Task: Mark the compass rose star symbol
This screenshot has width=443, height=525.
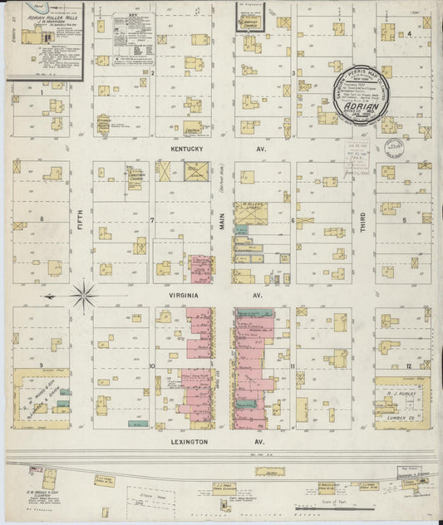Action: (x=84, y=294)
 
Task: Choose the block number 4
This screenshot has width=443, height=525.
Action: (x=410, y=34)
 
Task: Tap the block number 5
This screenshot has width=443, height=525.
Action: (x=405, y=220)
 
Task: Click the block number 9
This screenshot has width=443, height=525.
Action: (x=41, y=365)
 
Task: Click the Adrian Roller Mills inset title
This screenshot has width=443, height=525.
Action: (x=42, y=12)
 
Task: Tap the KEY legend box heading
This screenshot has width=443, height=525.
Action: (x=131, y=15)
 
